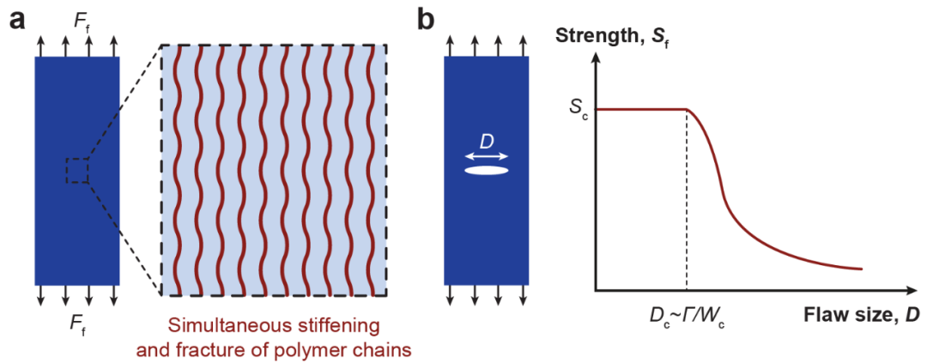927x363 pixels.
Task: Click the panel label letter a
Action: [x=17, y=20]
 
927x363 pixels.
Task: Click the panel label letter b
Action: [x=427, y=19]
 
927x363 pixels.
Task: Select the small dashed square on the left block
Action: [x=77, y=171]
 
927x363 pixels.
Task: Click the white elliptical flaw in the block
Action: [x=486, y=171]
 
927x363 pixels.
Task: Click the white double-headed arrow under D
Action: [x=487, y=156]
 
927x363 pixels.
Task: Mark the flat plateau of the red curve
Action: [x=639, y=109]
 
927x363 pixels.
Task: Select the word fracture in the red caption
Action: [x=220, y=349]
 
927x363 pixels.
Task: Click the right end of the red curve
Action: [x=860, y=269]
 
